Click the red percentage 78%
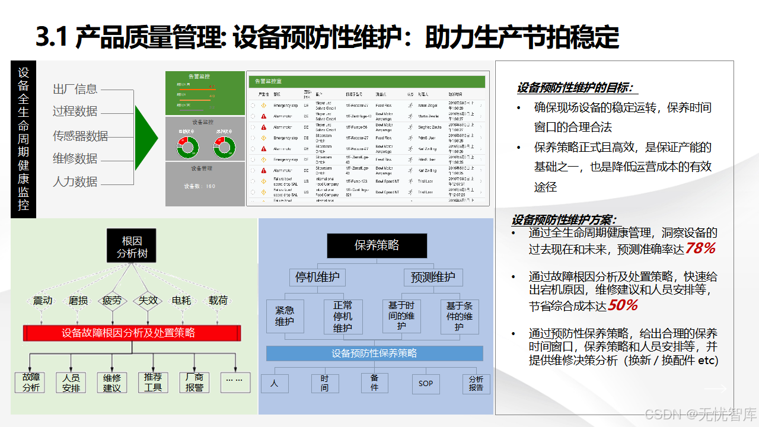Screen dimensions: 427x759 pyautogui.click(x=700, y=248)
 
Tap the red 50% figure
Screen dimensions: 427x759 pyautogui.click(x=623, y=305)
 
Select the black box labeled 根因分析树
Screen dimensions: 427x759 pyautogui.click(x=132, y=247)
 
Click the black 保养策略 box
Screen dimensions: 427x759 pyautogui.click(x=377, y=246)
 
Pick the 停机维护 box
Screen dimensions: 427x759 pyautogui.click(x=317, y=277)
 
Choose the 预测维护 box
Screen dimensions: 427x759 pyautogui.click(x=433, y=277)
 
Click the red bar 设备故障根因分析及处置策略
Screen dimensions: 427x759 pyautogui.click(x=132, y=333)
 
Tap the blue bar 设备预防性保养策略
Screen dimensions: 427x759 pyautogui.click(x=374, y=353)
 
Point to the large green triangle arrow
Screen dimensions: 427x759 pyautogui.click(x=145, y=138)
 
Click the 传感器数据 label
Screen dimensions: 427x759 pyautogui.click(x=81, y=136)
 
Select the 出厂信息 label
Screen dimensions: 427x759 pyautogui.click(x=75, y=89)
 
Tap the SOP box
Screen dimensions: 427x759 pyautogui.click(x=426, y=384)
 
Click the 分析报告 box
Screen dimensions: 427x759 pyautogui.click(x=476, y=383)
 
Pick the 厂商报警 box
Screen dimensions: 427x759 pyautogui.click(x=194, y=383)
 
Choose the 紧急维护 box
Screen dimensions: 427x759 pyautogui.click(x=285, y=316)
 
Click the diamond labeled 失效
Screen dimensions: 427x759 pyautogui.click(x=148, y=301)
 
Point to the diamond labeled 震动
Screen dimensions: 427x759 pyautogui.click(x=43, y=301)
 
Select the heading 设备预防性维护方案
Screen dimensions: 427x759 pyautogui.click(x=564, y=220)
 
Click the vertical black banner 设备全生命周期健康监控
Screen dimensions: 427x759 pyautogui.click(x=24, y=139)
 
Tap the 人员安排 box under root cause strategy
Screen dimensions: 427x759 pyautogui.click(x=71, y=383)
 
